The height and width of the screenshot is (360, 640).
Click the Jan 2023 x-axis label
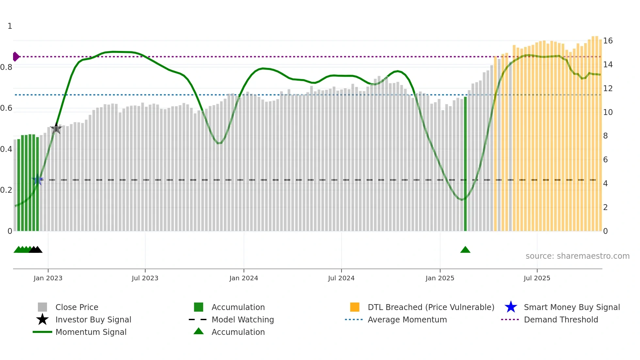(x=48, y=278)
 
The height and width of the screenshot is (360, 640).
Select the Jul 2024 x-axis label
(x=341, y=278)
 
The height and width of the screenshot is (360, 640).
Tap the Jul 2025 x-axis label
(x=537, y=278)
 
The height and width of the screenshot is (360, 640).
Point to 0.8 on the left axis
(x=6, y=67)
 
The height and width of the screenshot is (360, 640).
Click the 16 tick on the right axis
(x=608, y=41)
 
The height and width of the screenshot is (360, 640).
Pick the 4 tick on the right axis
(x=605, y=184)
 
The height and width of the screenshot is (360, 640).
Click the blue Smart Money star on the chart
(x=38, y=180)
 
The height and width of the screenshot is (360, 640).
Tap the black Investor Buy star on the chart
(x=56, y=128)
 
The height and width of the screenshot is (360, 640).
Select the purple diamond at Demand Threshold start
(x=16, y=57)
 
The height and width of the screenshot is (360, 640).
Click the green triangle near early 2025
(x=465, y=250)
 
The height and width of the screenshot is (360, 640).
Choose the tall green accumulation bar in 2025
(x=465, y=163)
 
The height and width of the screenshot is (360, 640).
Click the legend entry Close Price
(x=77, y=307)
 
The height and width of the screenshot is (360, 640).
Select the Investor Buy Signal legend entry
(x=93, y=319)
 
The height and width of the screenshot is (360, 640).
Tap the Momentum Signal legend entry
(x=91, y=332)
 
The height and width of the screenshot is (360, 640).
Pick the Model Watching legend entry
(x=243, y=319)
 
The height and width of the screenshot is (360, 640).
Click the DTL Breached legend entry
(x=431, y=307)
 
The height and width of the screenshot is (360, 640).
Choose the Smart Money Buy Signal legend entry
(x=572, y=307)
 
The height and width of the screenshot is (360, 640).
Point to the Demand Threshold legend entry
(x=561, y=319)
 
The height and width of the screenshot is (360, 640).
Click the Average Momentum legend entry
(x=407, y=319)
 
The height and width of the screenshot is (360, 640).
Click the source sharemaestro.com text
(x=577, y=256)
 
